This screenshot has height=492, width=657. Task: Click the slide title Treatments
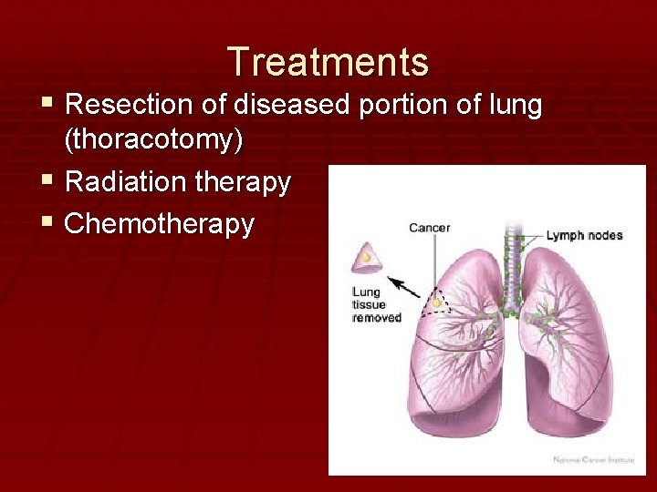click(328, 62)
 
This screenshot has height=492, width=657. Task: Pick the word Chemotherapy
click(159, 224)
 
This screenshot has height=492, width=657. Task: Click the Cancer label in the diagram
click(429, 228)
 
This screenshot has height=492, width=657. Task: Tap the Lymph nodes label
click(584, 235)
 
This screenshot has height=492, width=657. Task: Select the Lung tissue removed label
click(376, 305)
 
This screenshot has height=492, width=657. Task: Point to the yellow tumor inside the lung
click(438, 302)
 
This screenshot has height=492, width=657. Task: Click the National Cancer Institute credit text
click(593, 460)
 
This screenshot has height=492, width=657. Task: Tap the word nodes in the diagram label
click(604, 235)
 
